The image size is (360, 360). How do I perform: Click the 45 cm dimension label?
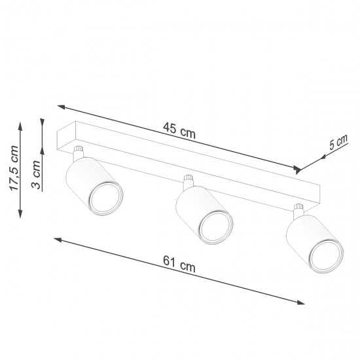point(179,131)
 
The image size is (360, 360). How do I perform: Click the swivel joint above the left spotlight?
point(79,153)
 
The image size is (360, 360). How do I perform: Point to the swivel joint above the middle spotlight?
point(189,181)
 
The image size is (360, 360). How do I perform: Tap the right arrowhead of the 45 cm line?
point(301,169)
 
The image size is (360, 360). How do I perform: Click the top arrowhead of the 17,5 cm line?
point(20,122)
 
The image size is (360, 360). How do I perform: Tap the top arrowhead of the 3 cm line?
point(43,122)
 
